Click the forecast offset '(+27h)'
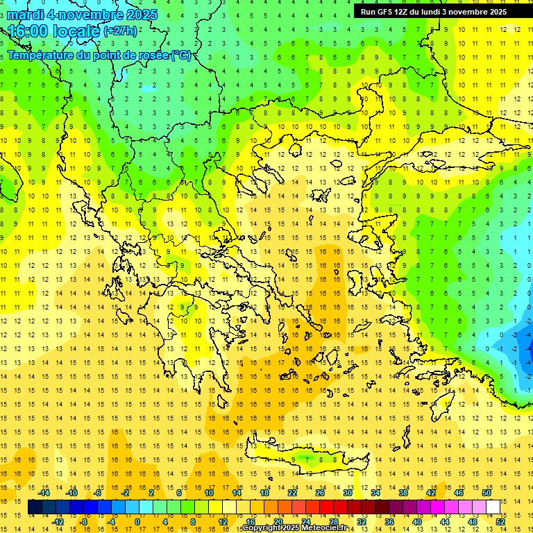(120, 31)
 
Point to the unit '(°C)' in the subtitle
(180, 56)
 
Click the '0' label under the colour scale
(137, 522)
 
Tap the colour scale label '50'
(487, 493)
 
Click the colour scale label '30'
(348, 493)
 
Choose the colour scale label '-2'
(126, 493)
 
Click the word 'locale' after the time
(76, 31)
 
